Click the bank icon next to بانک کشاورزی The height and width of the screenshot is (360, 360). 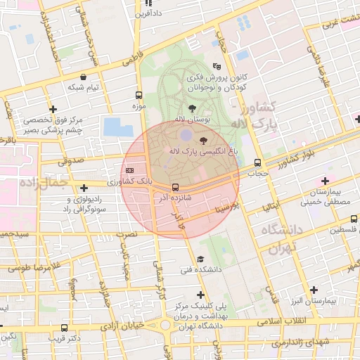tap(129, 170)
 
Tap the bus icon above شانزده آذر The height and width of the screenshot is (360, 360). tap(174, 187)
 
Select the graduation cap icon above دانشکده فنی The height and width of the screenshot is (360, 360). tap(201, 259)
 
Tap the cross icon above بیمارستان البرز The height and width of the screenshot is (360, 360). tap(314, 290)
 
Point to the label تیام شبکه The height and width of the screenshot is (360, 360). tap(83, 87)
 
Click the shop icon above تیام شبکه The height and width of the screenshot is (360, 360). tap(84, 77)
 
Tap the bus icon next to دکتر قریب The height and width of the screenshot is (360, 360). tap(65, 328)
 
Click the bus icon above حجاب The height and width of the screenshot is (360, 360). tap(258, 162)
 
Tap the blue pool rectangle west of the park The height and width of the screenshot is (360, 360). tap(112, 127)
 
